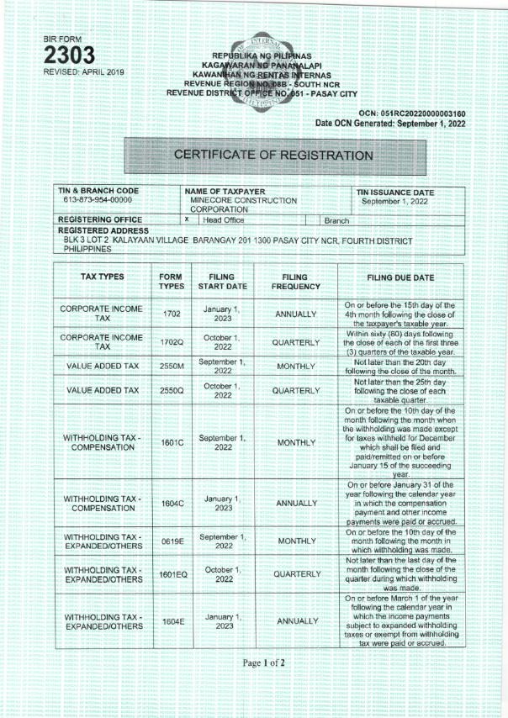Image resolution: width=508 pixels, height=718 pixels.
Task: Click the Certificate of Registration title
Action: coord(273,156)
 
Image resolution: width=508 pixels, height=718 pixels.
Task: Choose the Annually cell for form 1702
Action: coord(295,314)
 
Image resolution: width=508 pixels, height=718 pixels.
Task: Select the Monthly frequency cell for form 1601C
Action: coord(295,442)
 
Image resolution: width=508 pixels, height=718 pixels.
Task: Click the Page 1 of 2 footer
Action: coord(264,663)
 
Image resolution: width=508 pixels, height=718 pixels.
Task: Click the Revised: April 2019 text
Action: coord(83,73)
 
